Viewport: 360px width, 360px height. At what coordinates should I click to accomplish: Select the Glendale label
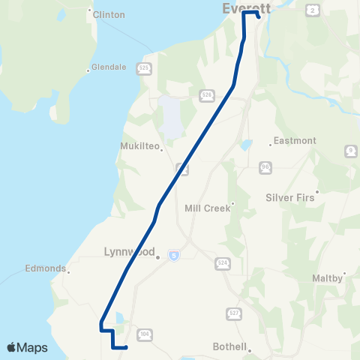(109, 67)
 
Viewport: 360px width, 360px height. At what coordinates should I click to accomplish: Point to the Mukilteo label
(141, 146)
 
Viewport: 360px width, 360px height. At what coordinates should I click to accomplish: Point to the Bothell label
(229, 346)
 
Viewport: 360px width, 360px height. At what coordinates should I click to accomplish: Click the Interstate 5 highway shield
(173, 256)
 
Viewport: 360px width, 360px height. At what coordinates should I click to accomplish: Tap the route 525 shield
(143, 68)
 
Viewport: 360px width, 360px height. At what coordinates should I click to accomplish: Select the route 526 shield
(206, 95)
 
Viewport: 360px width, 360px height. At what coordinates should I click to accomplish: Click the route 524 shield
(222, 263)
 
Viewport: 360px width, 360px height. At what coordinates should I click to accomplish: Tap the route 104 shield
(144, 334)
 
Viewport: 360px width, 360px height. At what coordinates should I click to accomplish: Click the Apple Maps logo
(27, 347)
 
